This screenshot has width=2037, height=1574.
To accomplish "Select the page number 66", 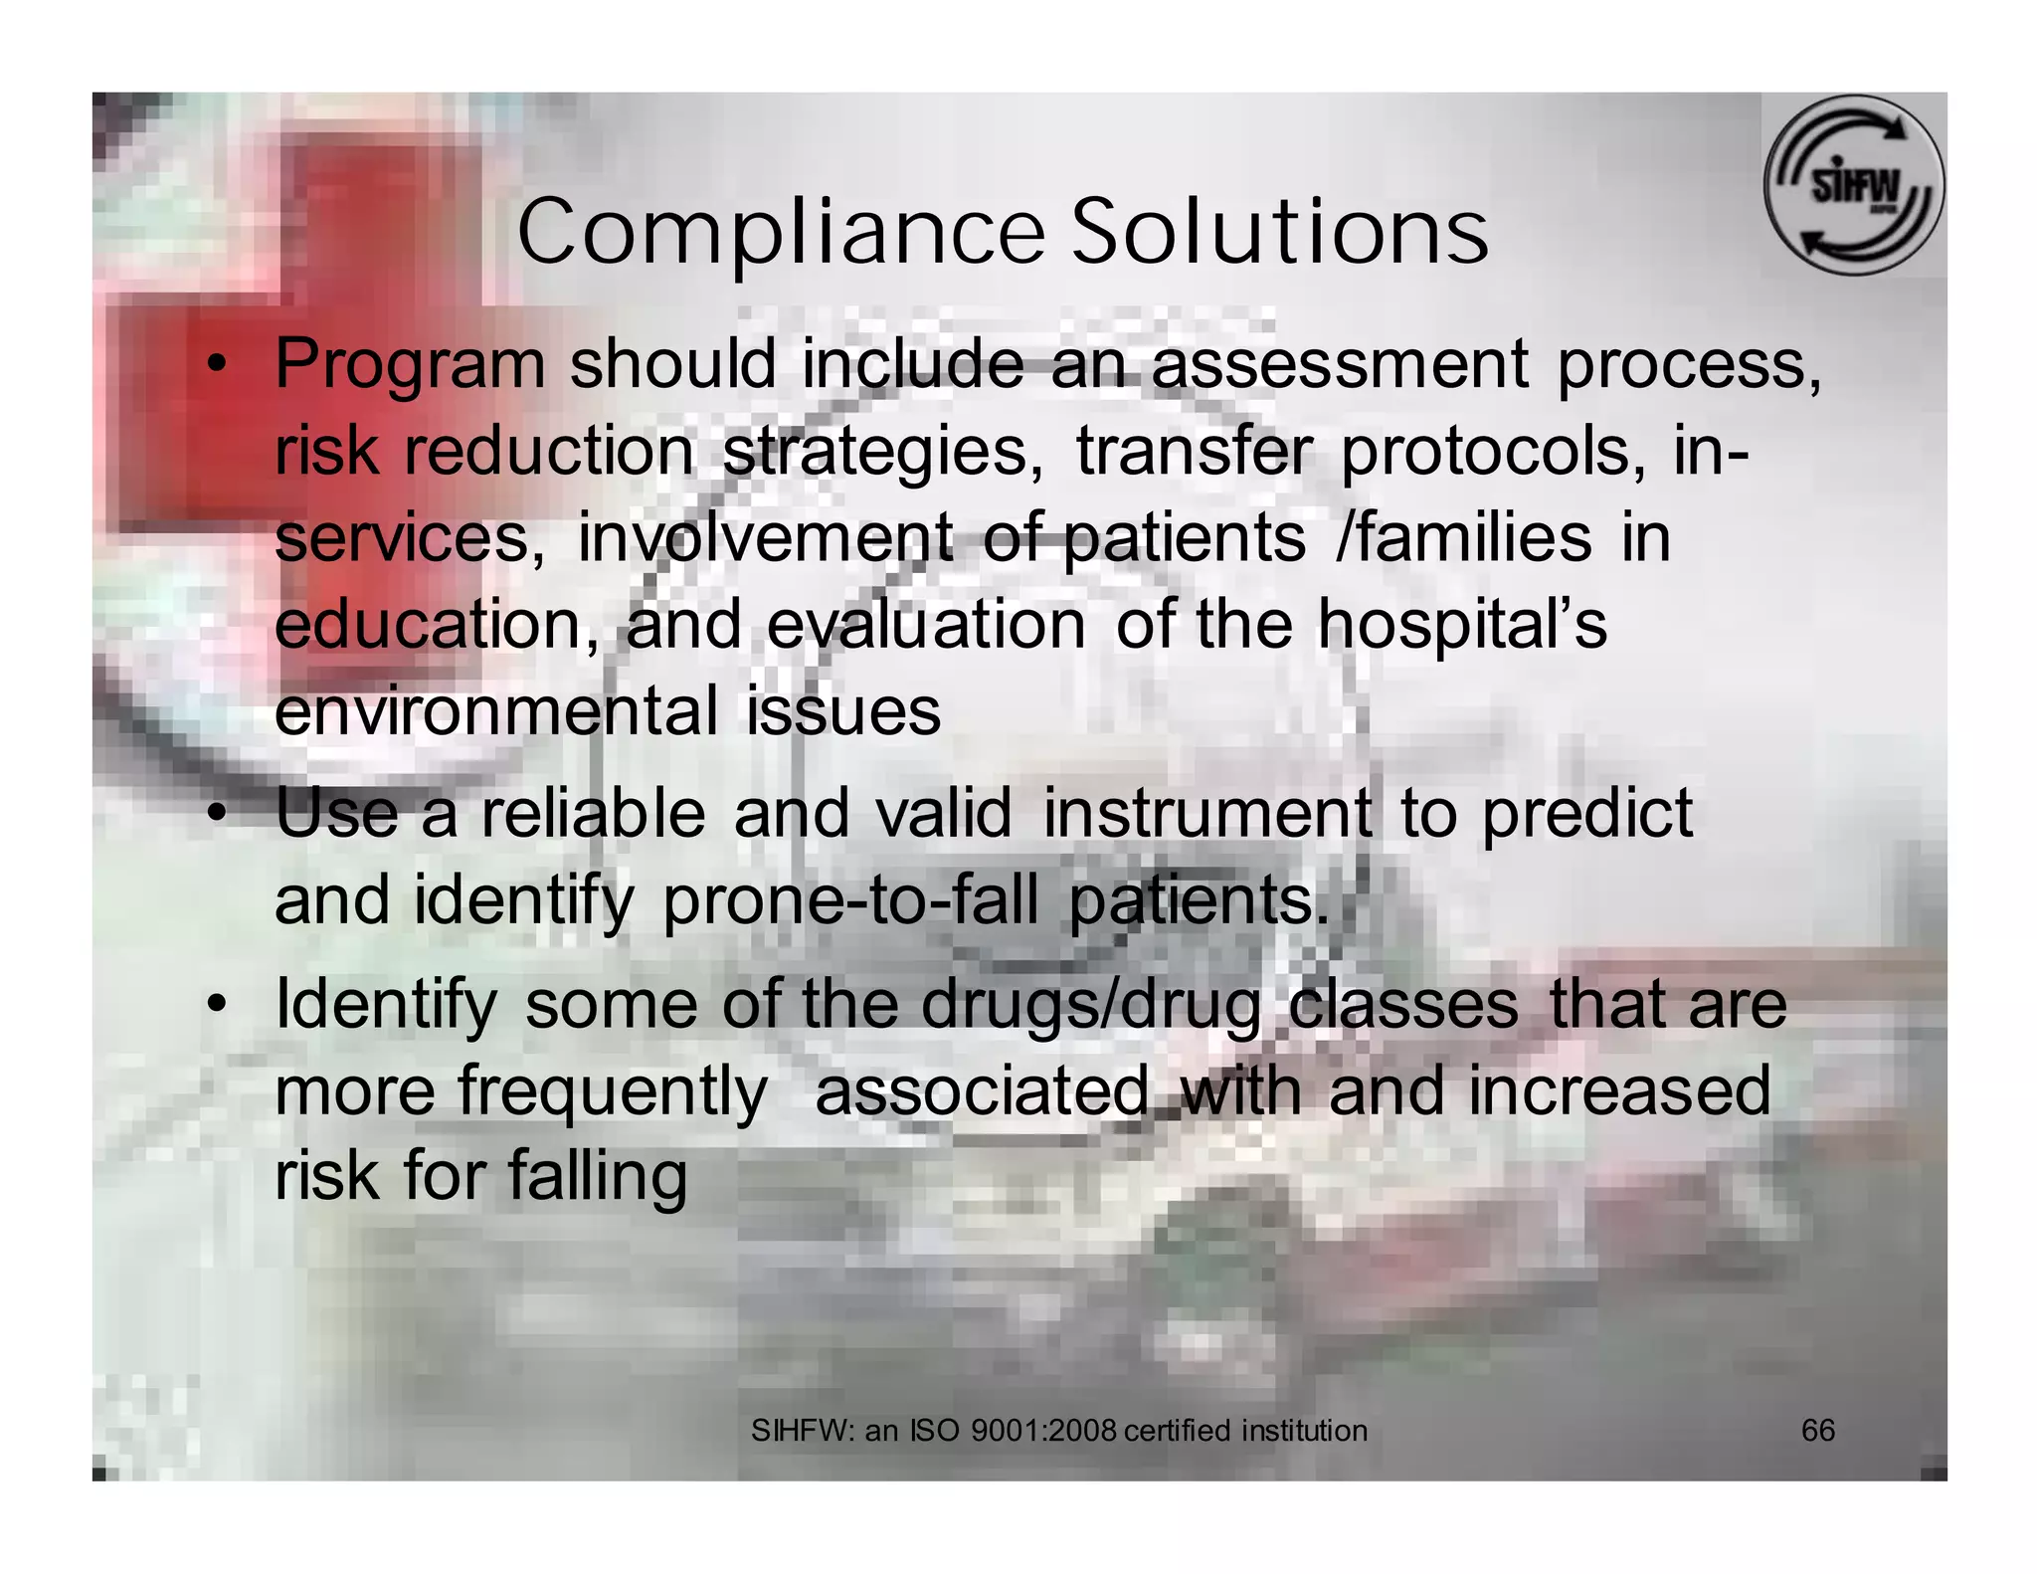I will coord(1818,1431).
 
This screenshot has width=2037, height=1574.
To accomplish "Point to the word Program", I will coord(410,365).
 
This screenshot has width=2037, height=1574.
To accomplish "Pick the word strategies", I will coord(884,452).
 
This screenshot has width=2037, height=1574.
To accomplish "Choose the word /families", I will coord(1464,537).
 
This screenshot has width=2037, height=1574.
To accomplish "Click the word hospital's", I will coord(1462,626).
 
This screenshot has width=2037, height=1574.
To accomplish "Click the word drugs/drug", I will coord(1091,1006).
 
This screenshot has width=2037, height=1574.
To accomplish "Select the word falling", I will coord(598,1177).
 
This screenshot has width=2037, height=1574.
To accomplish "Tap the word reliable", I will coord(594,813).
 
